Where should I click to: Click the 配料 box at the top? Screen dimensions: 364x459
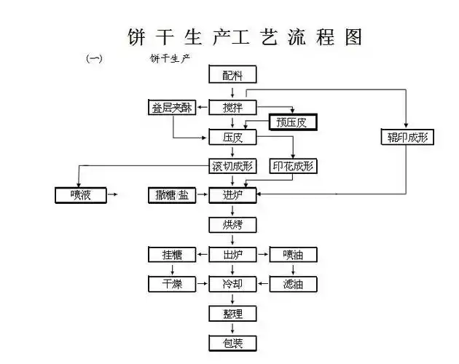click(x=232, y=74)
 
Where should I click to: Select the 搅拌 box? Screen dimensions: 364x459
click(x=232, y=108)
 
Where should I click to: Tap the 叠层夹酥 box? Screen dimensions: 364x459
click(x=172, y=108)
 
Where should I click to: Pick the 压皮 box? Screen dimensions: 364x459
click(x=232, y=137)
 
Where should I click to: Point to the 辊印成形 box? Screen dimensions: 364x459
click(x=407, y=137)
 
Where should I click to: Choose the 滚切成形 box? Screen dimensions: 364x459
click(x=232, y=166)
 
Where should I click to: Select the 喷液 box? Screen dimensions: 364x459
click(x=81, y=194)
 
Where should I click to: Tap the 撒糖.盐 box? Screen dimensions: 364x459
click(x=172, y=194)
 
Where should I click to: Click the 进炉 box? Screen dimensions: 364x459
click(x=232, y=194)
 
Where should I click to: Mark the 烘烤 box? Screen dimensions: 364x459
click(x=232, y=224)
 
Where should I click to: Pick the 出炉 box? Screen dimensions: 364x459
click(x=232, y=255)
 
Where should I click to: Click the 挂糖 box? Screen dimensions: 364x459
click(x=172, y=255)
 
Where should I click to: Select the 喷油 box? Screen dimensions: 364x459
click(x=292, y=255)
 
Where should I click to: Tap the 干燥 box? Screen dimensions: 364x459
click(x=172, y=284)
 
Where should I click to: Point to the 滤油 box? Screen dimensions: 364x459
click(x=292, y=284)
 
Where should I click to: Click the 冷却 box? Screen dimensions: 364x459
click(x=232, y=284)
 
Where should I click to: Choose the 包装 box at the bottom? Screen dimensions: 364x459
click(x=232, y=343)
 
